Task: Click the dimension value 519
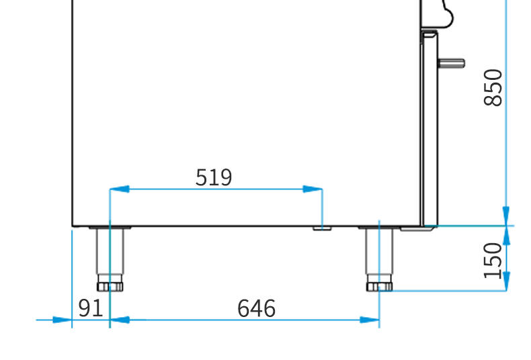coord(214,177)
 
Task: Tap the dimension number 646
coord(256,308)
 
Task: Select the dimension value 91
coord(91,308)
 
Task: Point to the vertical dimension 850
coord(493,87)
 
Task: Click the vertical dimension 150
coord(493,261)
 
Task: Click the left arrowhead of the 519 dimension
coord(119,189)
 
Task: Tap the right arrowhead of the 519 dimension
coord(313,189)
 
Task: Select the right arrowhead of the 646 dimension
coord(370,320)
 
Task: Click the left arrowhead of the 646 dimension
coord(120,320)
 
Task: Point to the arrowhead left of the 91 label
coord(62,320)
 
